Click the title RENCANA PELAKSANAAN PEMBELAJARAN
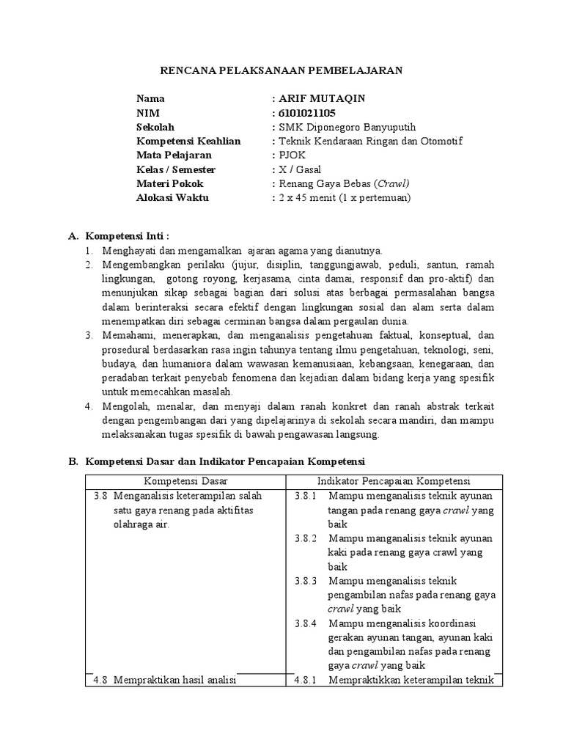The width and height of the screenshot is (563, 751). coord(281,70)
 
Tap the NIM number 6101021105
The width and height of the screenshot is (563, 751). coord(306,112)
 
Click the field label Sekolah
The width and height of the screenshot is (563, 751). coord(155,127)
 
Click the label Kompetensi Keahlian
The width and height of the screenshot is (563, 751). coord(188,141)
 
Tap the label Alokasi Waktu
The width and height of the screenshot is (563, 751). coord(172,197)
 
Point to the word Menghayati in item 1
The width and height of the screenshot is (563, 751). coord(127,251)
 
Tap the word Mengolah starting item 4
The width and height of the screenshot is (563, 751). coord(122,406)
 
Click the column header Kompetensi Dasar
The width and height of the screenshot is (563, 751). coord(185,480)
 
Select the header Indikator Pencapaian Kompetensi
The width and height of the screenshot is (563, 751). coord(393,480)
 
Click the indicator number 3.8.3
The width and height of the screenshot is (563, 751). coord(305,581)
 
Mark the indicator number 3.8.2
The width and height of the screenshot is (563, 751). coord(305,538)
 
